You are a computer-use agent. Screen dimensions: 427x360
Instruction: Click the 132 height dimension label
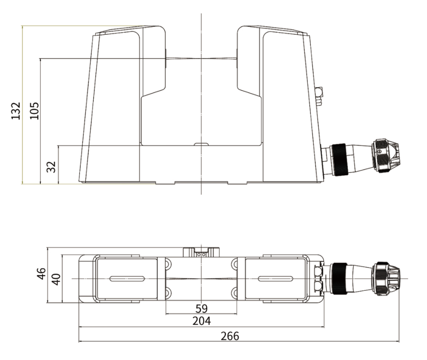(16, 111)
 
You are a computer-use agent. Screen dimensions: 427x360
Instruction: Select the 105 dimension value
(34, 111)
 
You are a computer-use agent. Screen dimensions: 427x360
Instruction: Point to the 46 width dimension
(41, 274)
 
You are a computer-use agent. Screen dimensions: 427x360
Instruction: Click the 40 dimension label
(56, 280)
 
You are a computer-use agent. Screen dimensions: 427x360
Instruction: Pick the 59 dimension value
(202, 308)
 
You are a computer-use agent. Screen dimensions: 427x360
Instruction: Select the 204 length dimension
(202, 321)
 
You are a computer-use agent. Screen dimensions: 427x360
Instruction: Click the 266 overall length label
(230, 336)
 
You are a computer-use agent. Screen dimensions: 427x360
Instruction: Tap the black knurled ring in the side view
(338, 160)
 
